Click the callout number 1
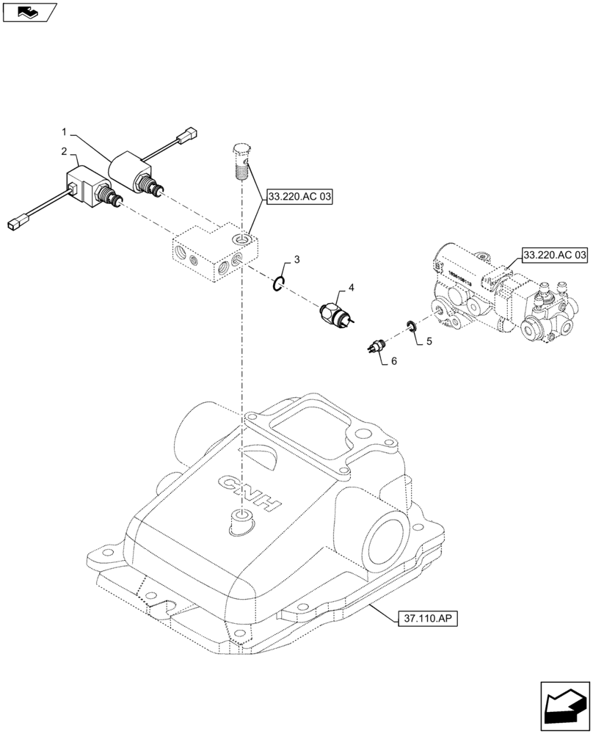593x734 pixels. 65,132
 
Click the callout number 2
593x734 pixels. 65,151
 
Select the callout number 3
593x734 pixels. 296,260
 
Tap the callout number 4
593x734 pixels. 352,288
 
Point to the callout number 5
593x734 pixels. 429,341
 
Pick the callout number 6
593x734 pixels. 393,362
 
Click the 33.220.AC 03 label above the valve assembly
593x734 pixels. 555,255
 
